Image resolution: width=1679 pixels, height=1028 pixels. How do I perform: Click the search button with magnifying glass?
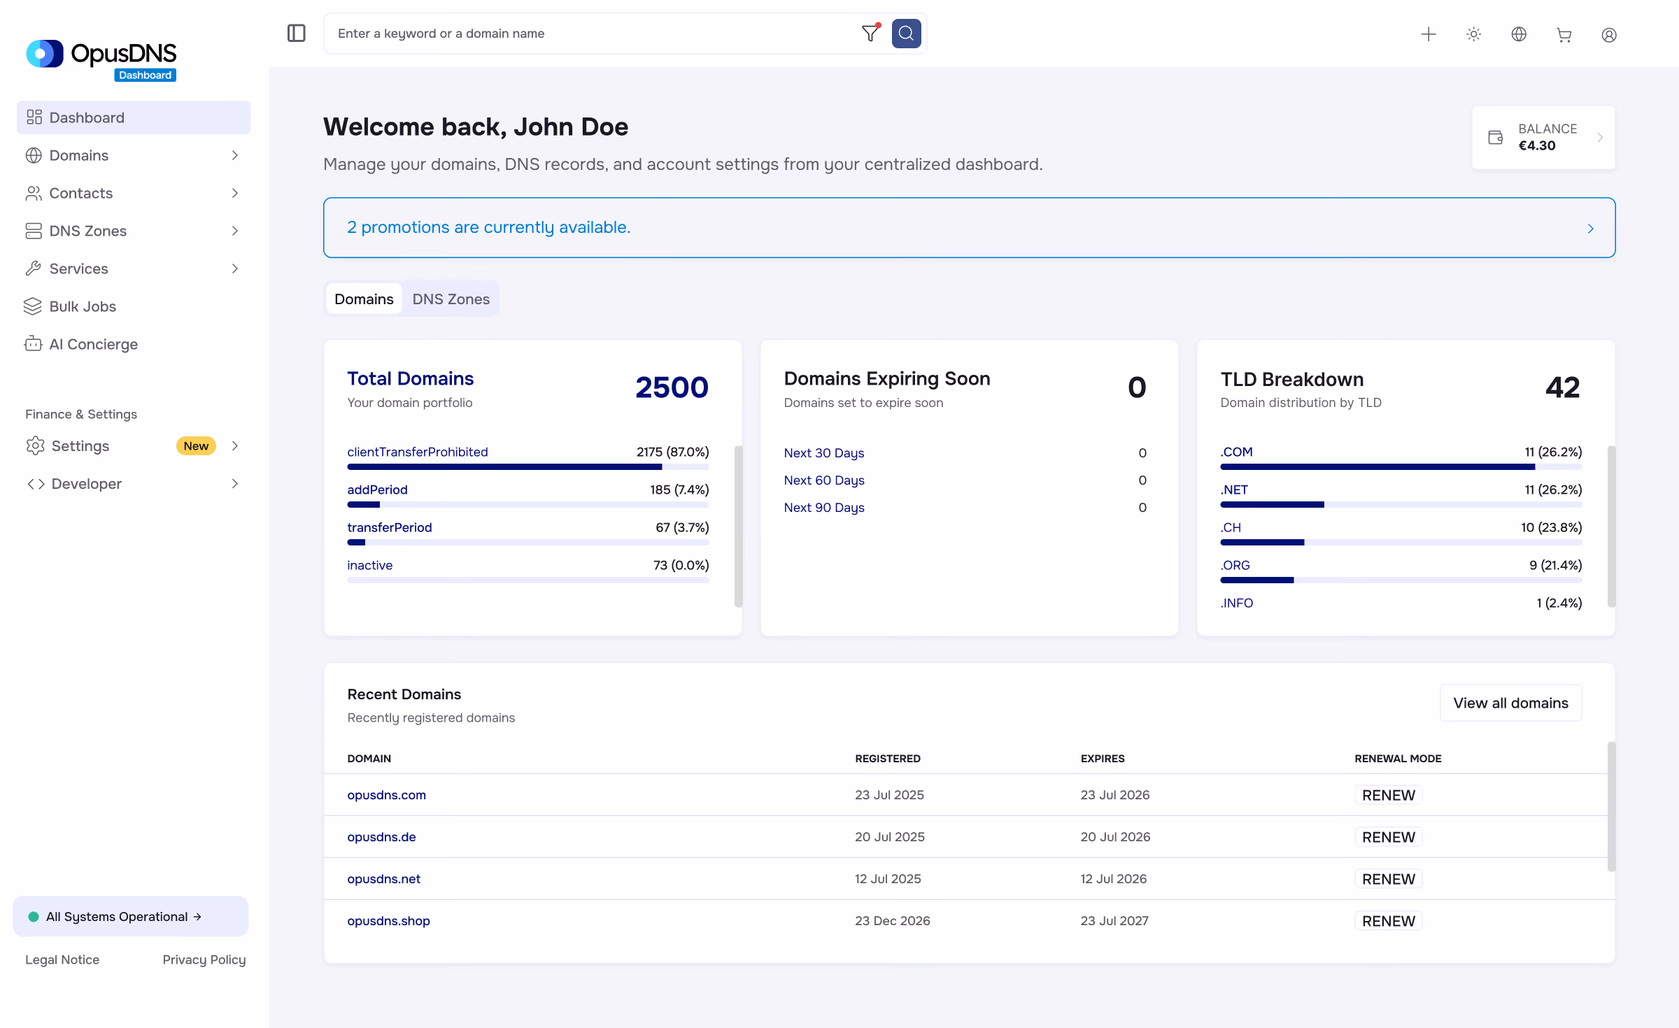tap(906, 34)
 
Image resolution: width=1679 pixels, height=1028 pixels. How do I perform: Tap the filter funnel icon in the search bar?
tap(870, 34)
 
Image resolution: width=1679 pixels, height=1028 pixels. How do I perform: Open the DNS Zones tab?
tap(451, 299)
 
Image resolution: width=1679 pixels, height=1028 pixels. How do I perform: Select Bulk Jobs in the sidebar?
tap(83, 306)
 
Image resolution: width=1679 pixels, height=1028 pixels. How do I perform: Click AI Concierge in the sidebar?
tap(94, 344)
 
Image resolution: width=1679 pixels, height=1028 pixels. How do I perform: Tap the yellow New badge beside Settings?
tap(196, 446)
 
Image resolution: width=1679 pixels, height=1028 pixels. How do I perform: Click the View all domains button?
tap(1510, 703)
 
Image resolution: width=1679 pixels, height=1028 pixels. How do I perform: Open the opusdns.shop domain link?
tap(388, 921)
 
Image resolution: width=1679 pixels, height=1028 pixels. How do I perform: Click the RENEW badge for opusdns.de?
tap(1388, 837)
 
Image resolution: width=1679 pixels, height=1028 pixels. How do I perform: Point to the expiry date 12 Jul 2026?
tap(1113, 879)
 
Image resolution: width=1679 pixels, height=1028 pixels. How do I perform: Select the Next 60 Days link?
tap(824, 480)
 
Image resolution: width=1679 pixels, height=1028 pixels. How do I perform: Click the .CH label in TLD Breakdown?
tap(1231, 527)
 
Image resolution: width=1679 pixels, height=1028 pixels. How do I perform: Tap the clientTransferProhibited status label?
tap(418, 452)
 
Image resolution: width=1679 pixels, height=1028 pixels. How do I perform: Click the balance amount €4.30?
tap(1537, 145)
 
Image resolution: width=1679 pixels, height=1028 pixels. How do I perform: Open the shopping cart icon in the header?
tap(1564, 34)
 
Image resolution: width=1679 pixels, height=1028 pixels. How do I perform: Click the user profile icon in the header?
tap(1609, 34)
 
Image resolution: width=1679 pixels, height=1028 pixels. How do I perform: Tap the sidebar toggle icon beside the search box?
tap(297, 34)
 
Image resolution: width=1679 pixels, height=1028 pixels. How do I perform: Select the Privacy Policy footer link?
tap(204, 960)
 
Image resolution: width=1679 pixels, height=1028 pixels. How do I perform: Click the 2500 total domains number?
tap(672, 387)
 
